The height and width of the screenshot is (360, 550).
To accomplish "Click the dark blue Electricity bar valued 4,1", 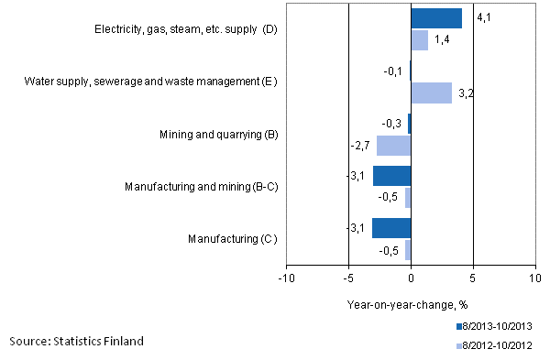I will coord(436,18).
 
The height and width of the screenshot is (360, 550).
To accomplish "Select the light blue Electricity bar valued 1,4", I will coord(420,39).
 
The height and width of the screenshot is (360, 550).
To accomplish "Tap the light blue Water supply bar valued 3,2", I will coord(431,93).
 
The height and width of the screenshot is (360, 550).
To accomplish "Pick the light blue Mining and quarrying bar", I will coord(394,145).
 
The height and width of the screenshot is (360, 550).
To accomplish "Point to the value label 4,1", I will coord(478,16).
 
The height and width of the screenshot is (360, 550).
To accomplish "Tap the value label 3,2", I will coord(466,93).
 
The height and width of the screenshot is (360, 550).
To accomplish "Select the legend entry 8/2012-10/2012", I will coord(496,345).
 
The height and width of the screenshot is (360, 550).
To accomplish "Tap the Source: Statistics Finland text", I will coord(76,341).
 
